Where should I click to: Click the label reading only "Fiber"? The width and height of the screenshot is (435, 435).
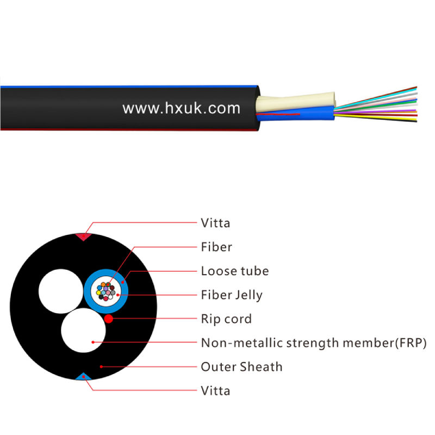point(216,247)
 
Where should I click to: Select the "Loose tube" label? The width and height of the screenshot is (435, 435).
point(234,271)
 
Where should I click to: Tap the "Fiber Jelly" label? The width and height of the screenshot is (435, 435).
point(232,295)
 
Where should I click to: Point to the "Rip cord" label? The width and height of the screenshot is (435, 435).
point(226,319)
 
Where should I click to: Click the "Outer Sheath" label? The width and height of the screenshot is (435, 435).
point(241,366)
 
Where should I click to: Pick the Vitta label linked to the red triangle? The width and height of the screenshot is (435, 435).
point(215,223)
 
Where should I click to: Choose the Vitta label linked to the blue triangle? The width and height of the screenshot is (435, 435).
point(215,390)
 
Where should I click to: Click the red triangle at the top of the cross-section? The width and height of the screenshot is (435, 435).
point(83,237)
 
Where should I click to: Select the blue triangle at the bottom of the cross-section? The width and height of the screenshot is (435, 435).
point(83,376)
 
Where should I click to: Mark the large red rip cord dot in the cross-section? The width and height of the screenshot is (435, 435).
point(109,318)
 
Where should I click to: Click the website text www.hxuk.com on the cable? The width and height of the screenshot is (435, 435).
point(181,108)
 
